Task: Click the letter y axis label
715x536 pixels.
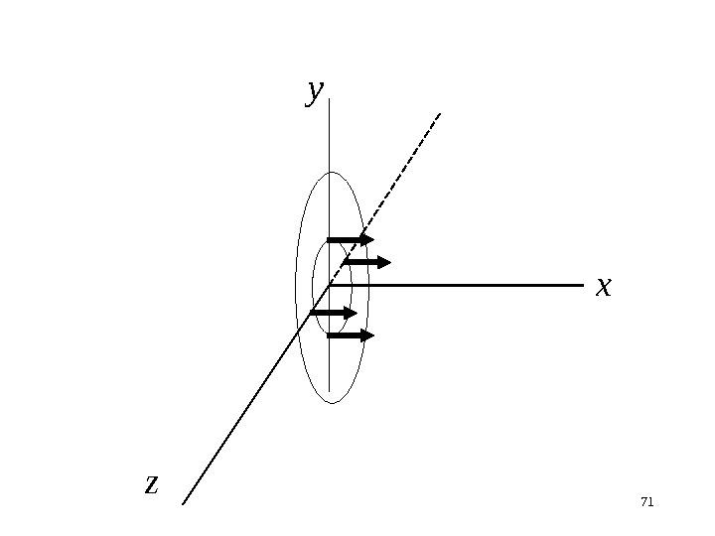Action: (x=315, y=91)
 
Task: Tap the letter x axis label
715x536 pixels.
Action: (x=603, y=287)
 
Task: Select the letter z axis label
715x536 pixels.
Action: (x=151, y=483)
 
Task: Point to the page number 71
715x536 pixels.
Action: (x=646, y=502)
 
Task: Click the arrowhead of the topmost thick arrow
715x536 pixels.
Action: (x=368, y=239)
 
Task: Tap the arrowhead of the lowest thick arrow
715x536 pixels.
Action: (x=368, y=335)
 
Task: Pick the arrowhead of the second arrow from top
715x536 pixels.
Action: (x=385, y=262)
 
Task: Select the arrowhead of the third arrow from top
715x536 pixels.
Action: (x=351, y=313)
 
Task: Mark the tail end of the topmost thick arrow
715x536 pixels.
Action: (x=328, y=239)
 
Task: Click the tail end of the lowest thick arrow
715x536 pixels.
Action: (x=328, y=335)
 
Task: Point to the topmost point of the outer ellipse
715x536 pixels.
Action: (x=332, y=172)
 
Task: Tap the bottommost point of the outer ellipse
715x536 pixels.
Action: (x=333, y=403)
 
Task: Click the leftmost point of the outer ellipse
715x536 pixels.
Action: (x=295, y=288)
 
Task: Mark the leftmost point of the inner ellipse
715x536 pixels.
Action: (x=312, y=287)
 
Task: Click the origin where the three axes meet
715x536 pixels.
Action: (x=329, y=286)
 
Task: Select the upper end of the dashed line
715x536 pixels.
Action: (x=439, y=113)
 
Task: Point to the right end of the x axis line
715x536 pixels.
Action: (x=583, y=286)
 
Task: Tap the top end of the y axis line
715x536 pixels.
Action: (x=329, y=98)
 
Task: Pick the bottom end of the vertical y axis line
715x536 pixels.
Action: (x=329, y=391)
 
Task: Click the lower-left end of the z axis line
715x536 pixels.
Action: (x=183, y=504)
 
